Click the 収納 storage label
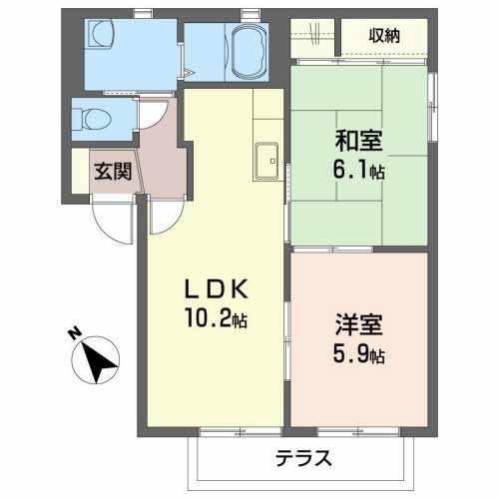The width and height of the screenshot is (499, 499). (x=384, y=36)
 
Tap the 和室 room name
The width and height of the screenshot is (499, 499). (x=358, y=141)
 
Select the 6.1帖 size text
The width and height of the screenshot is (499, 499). (x=358, y=171)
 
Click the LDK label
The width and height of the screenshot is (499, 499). (x=217, y=288)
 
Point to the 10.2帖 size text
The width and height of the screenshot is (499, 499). (x=217, y=319)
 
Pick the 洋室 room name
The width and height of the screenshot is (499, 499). (x=358, y=324)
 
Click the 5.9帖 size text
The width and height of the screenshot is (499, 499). (x=358, y=354)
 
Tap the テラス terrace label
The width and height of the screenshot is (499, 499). (x=303, y=458)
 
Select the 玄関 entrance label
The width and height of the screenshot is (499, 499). (x=113, y=172)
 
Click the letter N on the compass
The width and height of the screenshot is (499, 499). (x=75, y=333)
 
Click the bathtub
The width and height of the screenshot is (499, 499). (x=249, y=52)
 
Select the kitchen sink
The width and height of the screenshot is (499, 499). (x=265, y=162)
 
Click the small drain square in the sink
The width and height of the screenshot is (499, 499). (x=272, y=161)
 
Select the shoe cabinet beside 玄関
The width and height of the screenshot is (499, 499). (x=81, y=171)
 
